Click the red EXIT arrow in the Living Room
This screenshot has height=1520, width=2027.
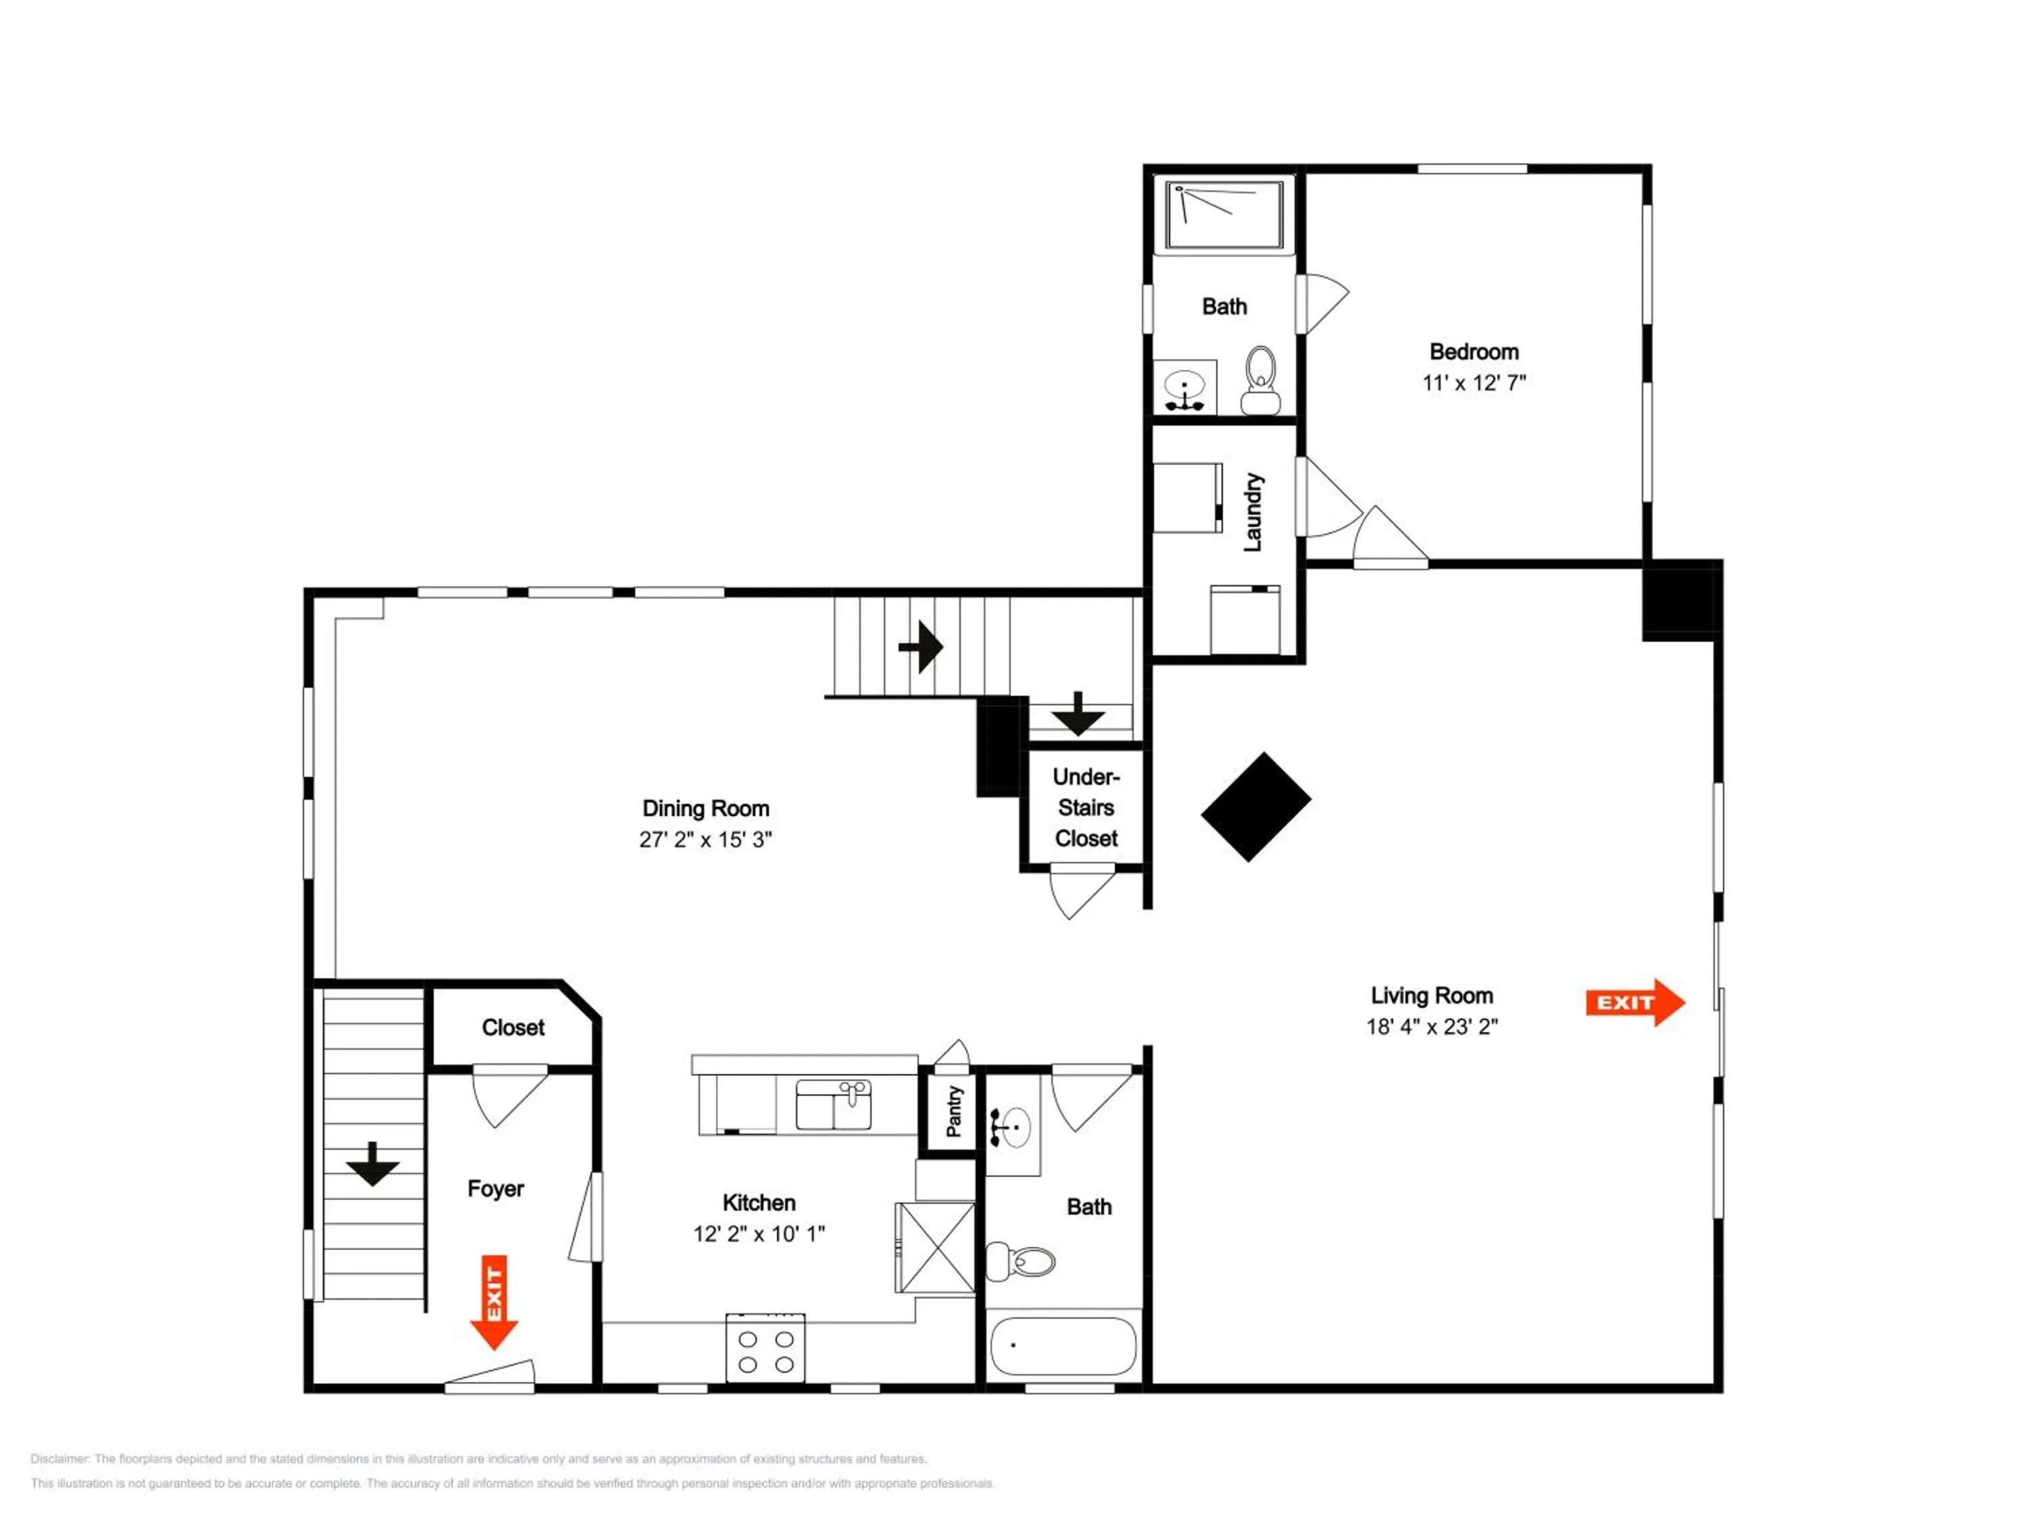point(1635,1003)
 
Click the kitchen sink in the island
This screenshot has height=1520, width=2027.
point(833,1105)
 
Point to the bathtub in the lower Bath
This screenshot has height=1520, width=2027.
point(1063,1346)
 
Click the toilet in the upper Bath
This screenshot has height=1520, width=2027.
point(1261,380)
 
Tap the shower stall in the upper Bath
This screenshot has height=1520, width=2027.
point(1224,214)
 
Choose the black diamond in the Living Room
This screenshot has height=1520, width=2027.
point(1255,806)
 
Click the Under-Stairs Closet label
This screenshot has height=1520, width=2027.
point(1086,807)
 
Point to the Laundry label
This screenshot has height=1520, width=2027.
point(1253,512)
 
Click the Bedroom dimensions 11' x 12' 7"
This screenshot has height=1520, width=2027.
point(1474,383)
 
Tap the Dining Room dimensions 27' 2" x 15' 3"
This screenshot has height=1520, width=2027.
point(705,839)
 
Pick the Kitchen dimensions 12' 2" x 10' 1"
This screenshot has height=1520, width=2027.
point(759,1233)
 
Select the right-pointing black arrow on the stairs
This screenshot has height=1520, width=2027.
point(921,647)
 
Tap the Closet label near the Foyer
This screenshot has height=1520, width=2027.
point(513,1027)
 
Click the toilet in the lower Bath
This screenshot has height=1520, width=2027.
point(1020,1262)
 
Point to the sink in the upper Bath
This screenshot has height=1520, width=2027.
point(1185,388)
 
